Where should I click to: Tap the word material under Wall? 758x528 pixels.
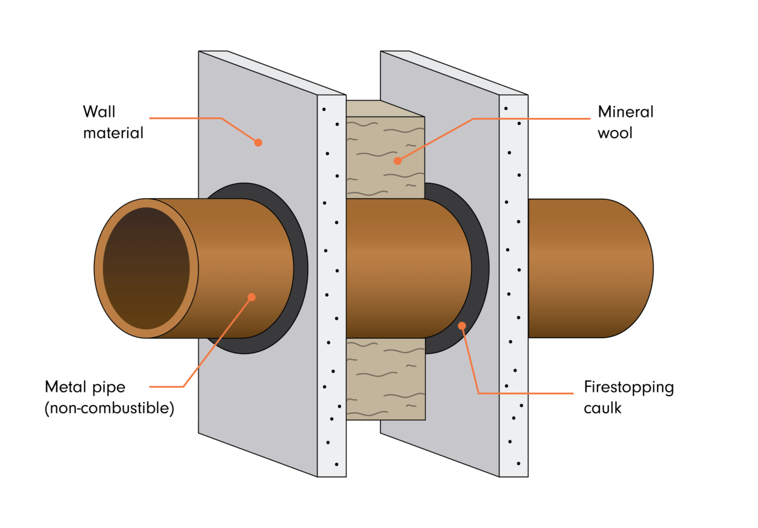(x=112, y=133)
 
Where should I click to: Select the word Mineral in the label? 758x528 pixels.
(x=625, y=112)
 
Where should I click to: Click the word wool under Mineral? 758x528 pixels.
(x=615, y=133)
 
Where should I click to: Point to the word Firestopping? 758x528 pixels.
(x=629, y=387)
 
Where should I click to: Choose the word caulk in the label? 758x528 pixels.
(x=603, y=408)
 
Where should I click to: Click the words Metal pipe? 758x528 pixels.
(x=86, y=386)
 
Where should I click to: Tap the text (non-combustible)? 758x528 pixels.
(x=109, y=408)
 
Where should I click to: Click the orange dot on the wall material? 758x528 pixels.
(x=258, y=143)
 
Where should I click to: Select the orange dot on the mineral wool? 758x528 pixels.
(x=397, y=161)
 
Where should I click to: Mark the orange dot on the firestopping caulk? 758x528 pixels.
(x=462, y=326)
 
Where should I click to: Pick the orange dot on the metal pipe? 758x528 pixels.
(x=251, y=297)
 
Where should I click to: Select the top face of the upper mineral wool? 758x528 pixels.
(x=384, y=108)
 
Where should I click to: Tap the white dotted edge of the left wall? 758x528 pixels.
(x=331, y=284)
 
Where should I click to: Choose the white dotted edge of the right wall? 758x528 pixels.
(x=514, y=284)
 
